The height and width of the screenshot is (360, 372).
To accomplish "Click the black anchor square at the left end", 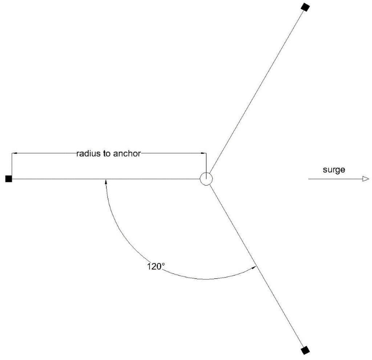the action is pos(8,179).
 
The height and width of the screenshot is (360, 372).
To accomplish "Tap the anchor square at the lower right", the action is pos(306,351).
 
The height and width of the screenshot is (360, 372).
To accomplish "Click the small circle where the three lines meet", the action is pos(206,179).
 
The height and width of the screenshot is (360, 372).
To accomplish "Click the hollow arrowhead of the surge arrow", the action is pos(365,179).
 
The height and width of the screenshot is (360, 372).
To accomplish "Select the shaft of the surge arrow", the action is pos(334,179).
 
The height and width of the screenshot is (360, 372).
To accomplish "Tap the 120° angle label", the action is pos(155,266).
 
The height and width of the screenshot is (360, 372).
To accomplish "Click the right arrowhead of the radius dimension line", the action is pos(203,153).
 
